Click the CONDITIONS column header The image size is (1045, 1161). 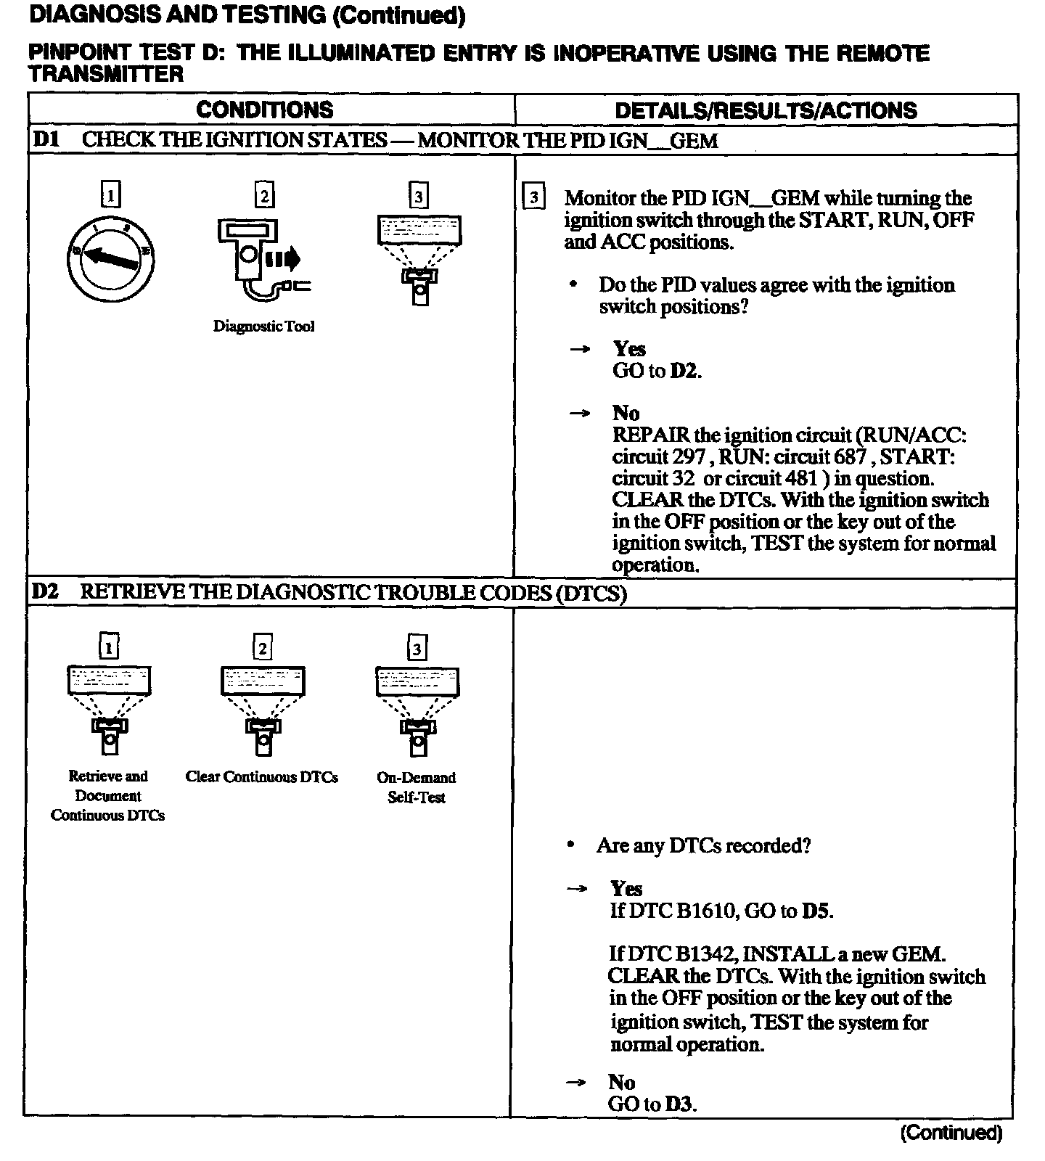click(x=264, y=110)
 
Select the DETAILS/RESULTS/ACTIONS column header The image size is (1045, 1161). click(x=766, y=110)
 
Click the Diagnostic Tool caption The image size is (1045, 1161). click(x=263, y=327)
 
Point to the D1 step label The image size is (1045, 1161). click(x=45, y=139)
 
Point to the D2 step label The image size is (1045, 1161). click(x=45, y=592)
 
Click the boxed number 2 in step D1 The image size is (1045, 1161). click(x=264, y=195)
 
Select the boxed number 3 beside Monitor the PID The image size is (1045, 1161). click(x=533, y=198)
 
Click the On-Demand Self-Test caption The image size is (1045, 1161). click(x=416, y=787)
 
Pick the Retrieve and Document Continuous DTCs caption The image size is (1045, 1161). click(x=107, y=796)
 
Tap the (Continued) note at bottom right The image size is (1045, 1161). click(x=951, y=1133)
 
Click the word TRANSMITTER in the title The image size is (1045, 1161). click(x=106, y=74)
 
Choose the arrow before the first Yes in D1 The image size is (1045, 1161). click(x=580, y=349)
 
